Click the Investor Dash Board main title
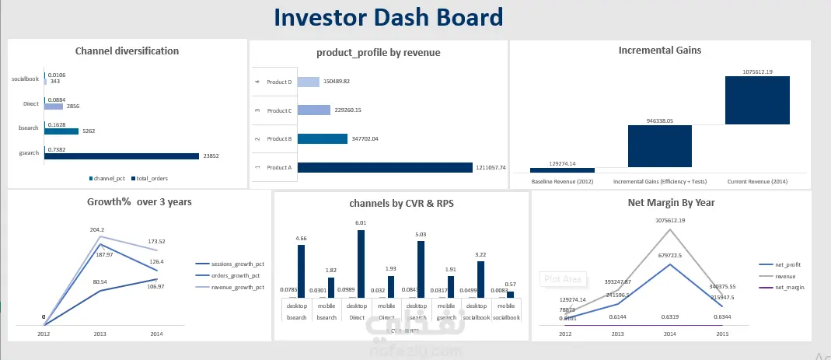pos(388,17)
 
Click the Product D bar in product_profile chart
pos(308,82)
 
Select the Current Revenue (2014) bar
pos(757,100)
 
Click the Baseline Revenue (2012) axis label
pos(561,181)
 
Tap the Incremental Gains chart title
pos(659,51)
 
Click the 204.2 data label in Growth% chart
pos(97,229)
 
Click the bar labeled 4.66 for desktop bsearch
pos(302,271)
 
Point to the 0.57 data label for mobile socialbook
pos(510,284)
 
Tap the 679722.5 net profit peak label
pos(669,254)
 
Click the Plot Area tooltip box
pos(562,278)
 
